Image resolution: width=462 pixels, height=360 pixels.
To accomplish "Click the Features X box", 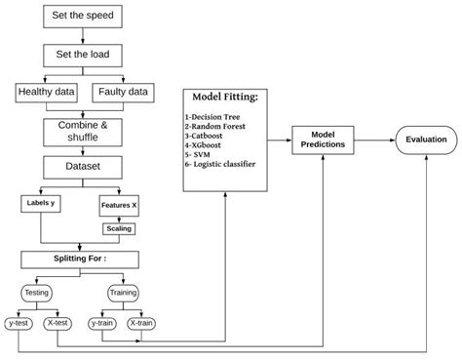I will (120, 205).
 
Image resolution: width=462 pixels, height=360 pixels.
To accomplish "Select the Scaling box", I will (120, 228).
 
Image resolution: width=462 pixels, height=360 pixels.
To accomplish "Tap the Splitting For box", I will (80, 260).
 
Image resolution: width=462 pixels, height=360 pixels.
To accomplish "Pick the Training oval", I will (122, 292).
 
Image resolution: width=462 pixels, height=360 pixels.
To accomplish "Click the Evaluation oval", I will (426, 140).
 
